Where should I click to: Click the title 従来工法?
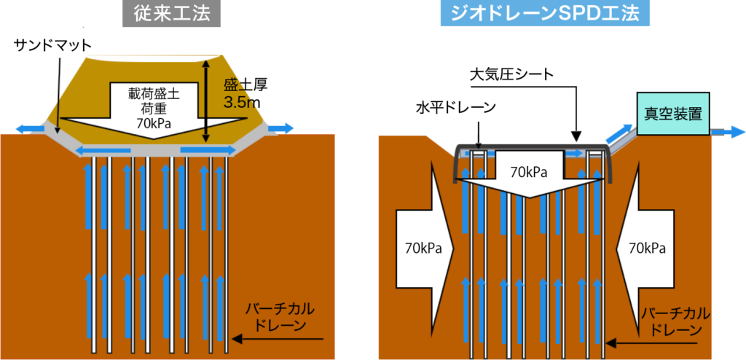171,15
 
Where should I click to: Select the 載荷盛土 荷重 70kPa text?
154,106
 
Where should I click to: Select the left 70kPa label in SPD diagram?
423,248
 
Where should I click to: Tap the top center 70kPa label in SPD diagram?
529,173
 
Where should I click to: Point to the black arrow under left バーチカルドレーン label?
277,339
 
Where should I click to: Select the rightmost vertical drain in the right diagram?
603,255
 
